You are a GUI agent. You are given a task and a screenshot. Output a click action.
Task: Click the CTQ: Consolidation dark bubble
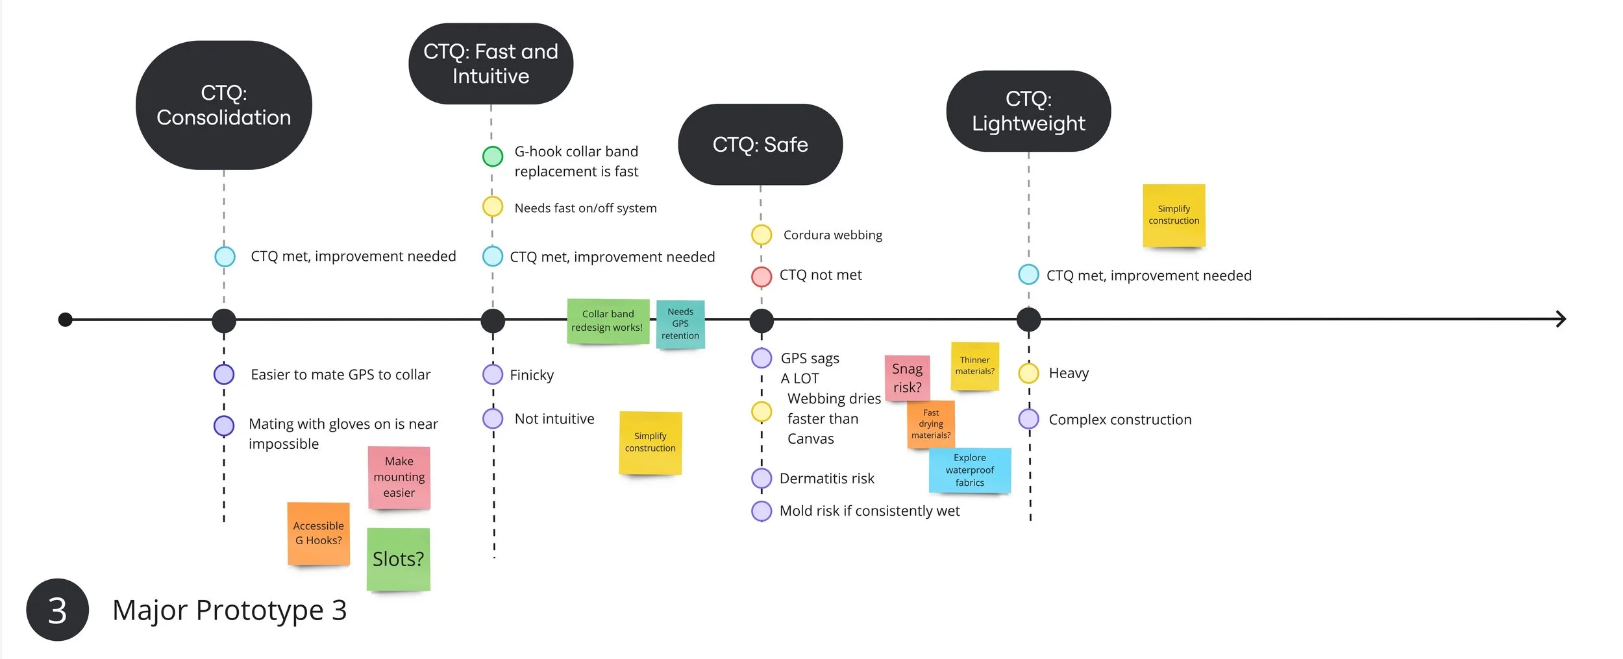pyautogui.click(x=223, y=105)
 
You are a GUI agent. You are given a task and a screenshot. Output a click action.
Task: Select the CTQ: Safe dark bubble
pyautogui.click(x=760, y=144)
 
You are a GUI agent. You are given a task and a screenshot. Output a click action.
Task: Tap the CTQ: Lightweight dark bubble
pyautogui.click(x=1028, y=111)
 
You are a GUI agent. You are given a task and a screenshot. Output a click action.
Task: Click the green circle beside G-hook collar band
pyautogui.click(x=493, y=156)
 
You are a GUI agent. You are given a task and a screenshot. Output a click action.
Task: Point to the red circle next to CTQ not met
pyautogui.click(x=762, y=276)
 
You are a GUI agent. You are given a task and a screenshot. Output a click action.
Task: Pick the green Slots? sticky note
pyautogui.click(x=398, y=558)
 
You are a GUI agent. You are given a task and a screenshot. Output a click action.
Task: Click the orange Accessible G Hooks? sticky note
pyautogui.click(x=319, y=533)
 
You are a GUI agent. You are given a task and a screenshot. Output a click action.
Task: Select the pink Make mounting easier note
pyautogui.click(x=399, y=477)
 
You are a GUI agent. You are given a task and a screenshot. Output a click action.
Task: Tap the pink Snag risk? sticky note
pyautogui.click(x=907, y=378)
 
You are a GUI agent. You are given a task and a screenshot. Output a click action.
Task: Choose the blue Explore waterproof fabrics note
pyautogui.click(x=969, y=470)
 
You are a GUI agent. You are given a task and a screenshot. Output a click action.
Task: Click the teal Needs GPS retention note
pyautogui.click(x=680, y=324)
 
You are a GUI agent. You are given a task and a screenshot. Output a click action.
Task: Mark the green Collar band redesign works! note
pyautogui.click(x=608, y=321)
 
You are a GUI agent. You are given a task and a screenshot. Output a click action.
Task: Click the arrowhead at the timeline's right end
pyautogui.click(x=1561, y=319)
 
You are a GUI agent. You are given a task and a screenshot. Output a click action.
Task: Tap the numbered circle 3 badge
pyautogui.click(x=57, y=610)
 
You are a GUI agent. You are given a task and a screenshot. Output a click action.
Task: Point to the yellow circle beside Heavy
pyautogui.click(x=1029, y=373)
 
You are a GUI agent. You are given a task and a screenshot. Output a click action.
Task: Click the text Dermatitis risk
pyautogui.click(x=826, y=479)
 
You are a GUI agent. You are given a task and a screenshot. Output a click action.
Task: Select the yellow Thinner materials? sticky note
pyautogui.click(x=974, y=366)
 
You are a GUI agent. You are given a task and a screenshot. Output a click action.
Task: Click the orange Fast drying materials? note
pyautogui.click(x=930, y=424)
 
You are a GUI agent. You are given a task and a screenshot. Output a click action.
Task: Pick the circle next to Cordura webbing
pyautogui.click(x=762, y=235)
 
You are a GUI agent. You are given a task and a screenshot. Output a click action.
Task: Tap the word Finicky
pyautogui.click(x=532, y=375)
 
